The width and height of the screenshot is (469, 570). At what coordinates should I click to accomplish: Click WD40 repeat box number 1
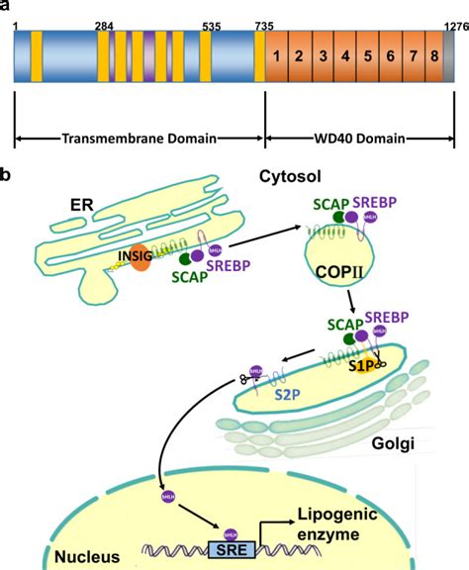280,55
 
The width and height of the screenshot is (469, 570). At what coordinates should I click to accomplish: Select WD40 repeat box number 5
367,55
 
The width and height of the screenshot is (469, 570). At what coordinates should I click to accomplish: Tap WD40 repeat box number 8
433,55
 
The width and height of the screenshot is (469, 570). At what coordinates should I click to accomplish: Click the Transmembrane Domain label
139,140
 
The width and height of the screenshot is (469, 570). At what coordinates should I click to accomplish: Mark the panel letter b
8,175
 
